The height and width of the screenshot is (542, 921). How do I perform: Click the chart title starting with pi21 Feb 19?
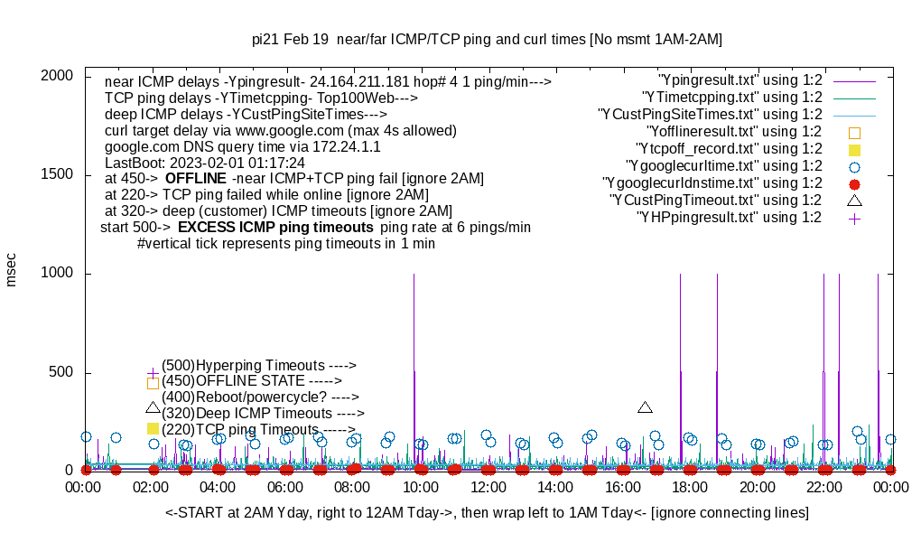pyautogui.click(x=487, y=40)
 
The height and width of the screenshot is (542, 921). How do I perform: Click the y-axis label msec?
pyautogui.click(x=12, y=269)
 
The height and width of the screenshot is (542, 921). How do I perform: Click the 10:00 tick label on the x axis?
pyautogui.click(x=421, y=488)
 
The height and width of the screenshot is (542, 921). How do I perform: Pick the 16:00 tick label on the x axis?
pyautogui.click(x=623, y=488)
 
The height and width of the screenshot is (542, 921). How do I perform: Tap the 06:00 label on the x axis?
pyautogui.click(x=286, y=488)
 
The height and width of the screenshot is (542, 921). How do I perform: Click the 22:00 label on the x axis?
pyautogui.click(x=824, y=488)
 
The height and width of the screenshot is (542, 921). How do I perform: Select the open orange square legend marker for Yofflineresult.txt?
pyautogui.click(x=855, y=132)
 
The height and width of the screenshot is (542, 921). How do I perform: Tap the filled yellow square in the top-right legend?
pyautogui.click(x=855, y=149)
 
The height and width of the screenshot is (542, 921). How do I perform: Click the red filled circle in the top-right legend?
pyautogui.click(x=855, y=183)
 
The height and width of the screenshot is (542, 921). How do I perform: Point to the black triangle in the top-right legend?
pyautogui.click(x=855, y=200)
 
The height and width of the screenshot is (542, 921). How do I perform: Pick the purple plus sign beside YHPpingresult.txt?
pyautogui.click(x=855, y=218)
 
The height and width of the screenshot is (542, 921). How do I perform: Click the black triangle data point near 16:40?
pyautogui.click(x=645, y=408)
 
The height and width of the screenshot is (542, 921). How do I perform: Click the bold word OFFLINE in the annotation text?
pyautogui.click(x=195, y=178)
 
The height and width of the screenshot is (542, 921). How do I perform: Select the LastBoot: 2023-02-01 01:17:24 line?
pyautogui.click(x=205, y=163)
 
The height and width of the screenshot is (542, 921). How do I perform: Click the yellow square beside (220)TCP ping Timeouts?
pyautogui.click(x=153, y=429)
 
